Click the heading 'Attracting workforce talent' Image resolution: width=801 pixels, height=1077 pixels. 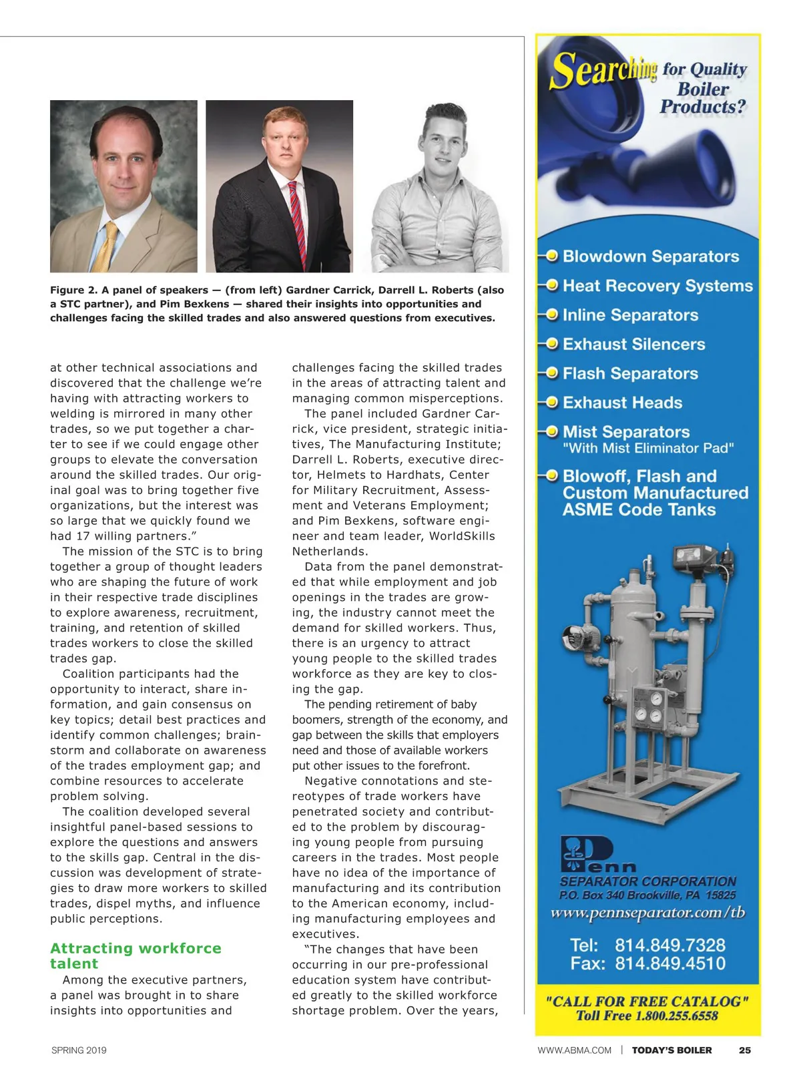[136, 955]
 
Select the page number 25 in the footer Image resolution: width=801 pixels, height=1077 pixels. [744, 1050]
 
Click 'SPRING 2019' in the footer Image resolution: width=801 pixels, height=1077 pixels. [79, 1050]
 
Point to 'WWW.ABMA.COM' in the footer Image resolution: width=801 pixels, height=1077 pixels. [574, 1050]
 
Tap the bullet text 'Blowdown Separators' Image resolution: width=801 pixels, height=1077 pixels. [650, 256]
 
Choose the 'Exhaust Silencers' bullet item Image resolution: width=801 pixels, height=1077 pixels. [633, 345]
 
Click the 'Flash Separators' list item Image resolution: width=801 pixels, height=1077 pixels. [630, 374]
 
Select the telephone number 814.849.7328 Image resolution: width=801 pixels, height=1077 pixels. [670, 945]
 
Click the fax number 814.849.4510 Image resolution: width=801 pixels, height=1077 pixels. [670, 963]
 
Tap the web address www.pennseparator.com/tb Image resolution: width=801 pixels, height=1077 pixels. [647, 913]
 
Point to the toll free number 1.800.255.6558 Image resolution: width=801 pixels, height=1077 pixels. [676, 1016]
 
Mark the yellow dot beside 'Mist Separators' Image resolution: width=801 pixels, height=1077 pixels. [552, 432]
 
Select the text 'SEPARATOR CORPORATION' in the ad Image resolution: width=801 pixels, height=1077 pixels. [647, 881]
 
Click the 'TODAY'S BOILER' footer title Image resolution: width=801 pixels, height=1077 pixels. [672, 1050]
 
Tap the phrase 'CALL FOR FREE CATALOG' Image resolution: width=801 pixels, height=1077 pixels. [647, 1002]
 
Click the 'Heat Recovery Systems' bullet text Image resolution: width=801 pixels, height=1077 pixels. [657, 286]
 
